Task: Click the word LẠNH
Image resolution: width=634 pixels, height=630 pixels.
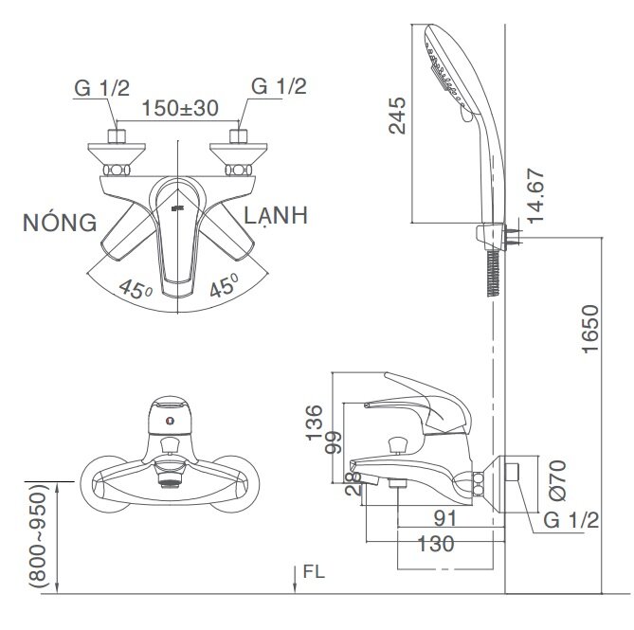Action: pos(275,217)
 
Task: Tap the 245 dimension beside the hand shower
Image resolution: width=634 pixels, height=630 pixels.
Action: pos(399,117)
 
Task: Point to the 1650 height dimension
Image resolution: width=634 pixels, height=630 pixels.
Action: pos(589,328)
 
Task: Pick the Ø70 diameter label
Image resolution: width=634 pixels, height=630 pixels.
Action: pos(556,478)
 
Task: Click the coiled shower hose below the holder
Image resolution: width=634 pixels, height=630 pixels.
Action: pos(493,276)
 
